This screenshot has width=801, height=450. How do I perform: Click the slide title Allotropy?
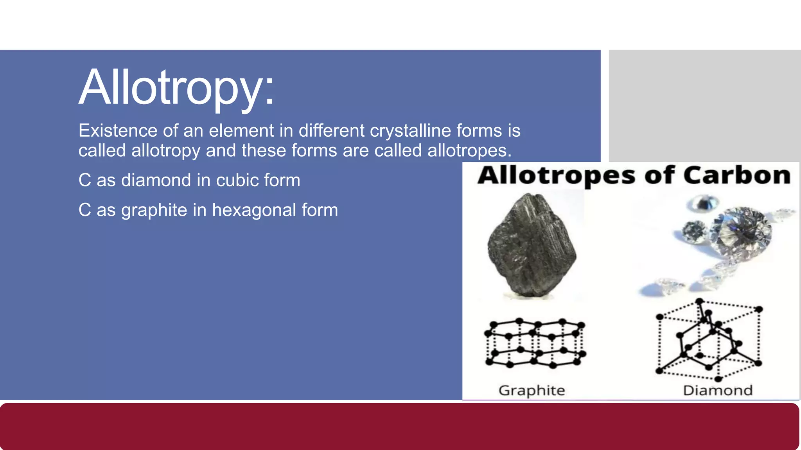(x=177, y=87)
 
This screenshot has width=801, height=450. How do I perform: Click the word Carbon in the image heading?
(x=737, y=175)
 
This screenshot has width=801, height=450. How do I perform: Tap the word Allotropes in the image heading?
(x=556, y=176)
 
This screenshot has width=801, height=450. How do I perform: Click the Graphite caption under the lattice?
(x=532, y=390)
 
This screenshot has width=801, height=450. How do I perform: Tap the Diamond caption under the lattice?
(x=718, y=390)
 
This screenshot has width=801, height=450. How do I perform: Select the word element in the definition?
(x=241, y=130)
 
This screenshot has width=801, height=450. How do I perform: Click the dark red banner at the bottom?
(x=399, y=427)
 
